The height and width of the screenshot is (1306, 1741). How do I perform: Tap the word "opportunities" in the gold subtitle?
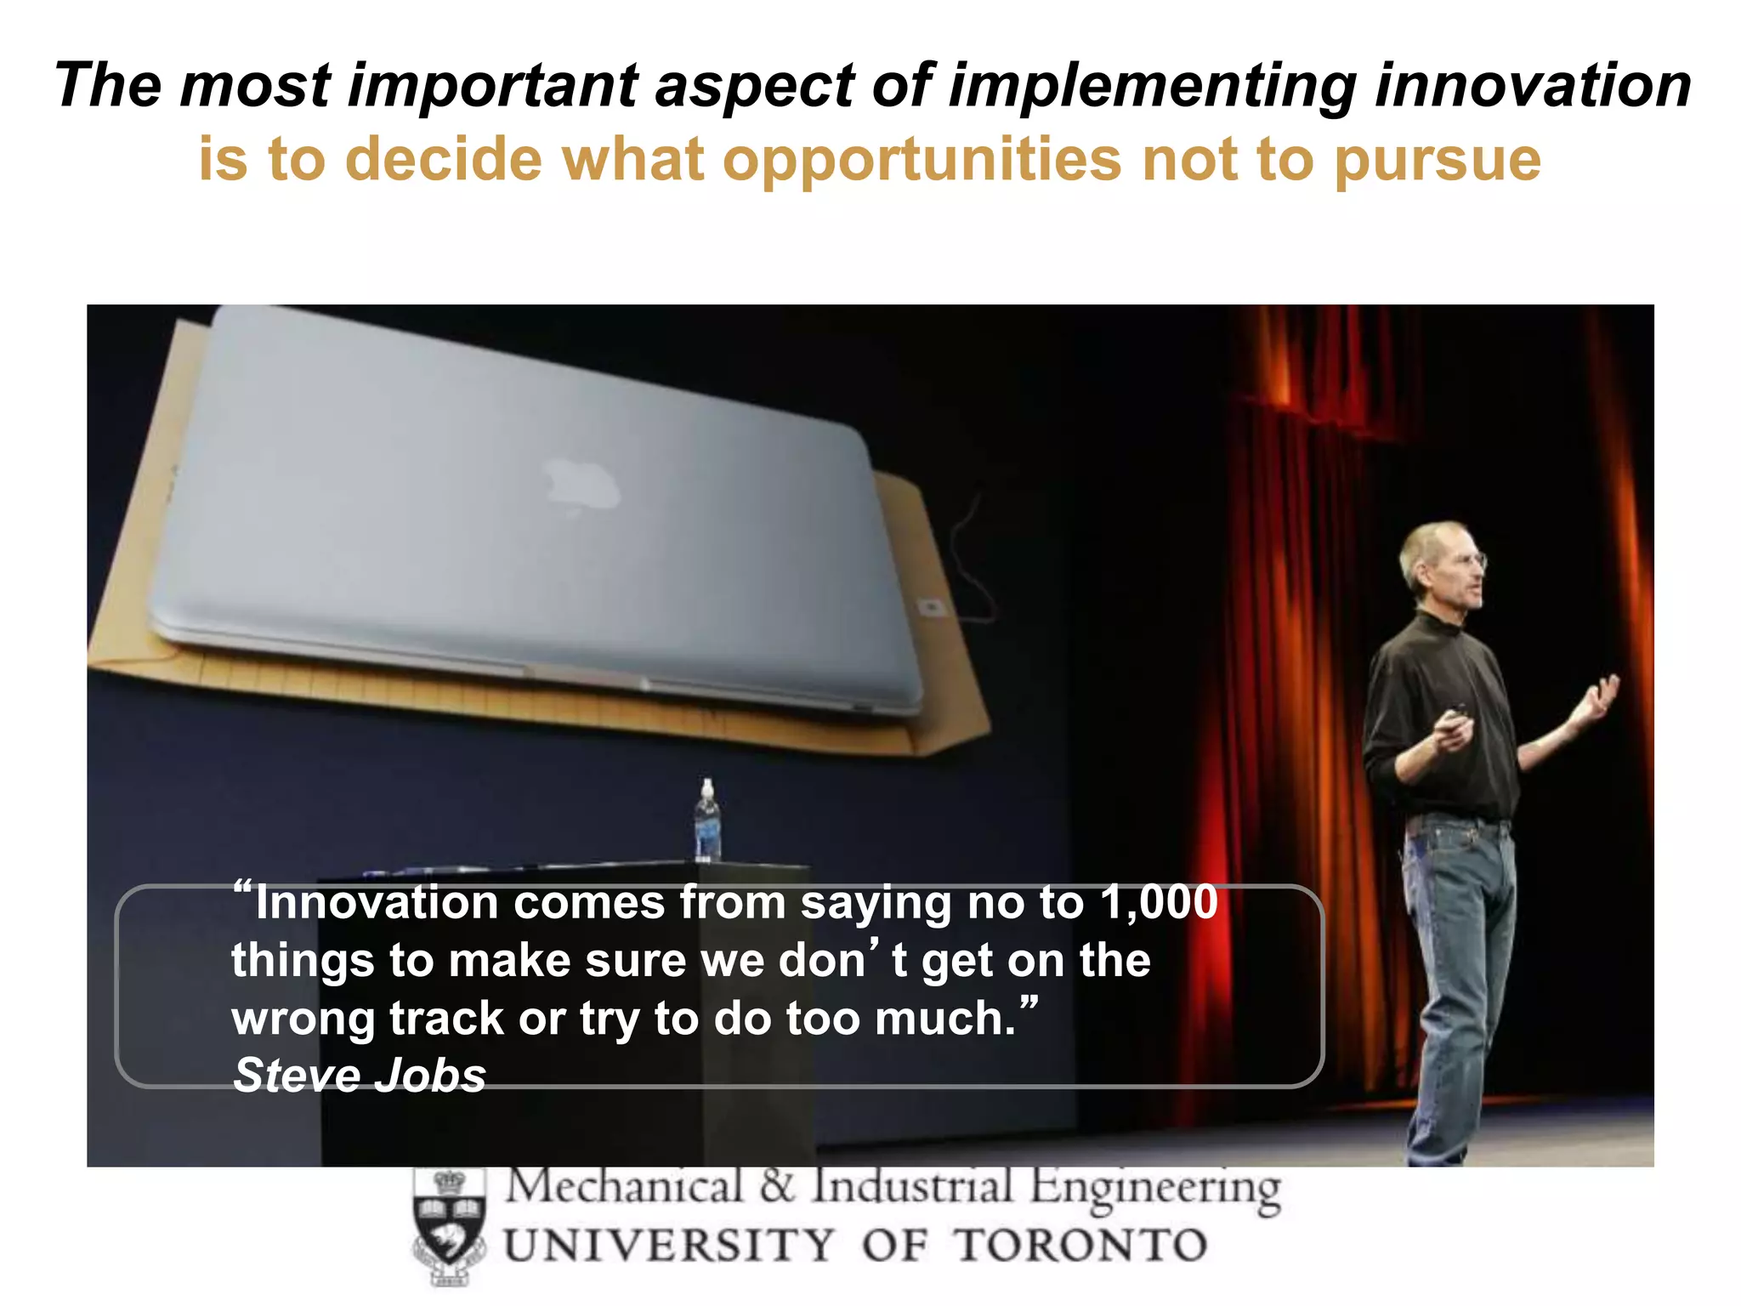click(x=922, y=160)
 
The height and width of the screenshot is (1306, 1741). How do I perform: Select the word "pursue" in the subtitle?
click(x=1437, y=162)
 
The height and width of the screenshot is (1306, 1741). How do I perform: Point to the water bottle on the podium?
click(x=707, y=820)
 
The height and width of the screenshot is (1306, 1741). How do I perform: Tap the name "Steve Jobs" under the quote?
click(x=360, y=1075)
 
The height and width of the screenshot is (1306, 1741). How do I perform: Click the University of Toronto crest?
click(x=449, y=1225)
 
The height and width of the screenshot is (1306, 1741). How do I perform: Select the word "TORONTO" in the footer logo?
click(x=1080, y=1246)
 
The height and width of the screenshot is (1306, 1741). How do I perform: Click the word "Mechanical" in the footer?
click(x=625, y=1187)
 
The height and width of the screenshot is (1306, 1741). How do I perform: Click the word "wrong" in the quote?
click(x=302, y=1019)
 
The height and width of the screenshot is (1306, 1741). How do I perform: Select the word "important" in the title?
click(x=493, y=86)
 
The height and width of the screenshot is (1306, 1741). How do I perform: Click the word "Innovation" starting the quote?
click(x=377, y=902)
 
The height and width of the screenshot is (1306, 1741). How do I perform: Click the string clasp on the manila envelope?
click(x=931, y=605)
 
